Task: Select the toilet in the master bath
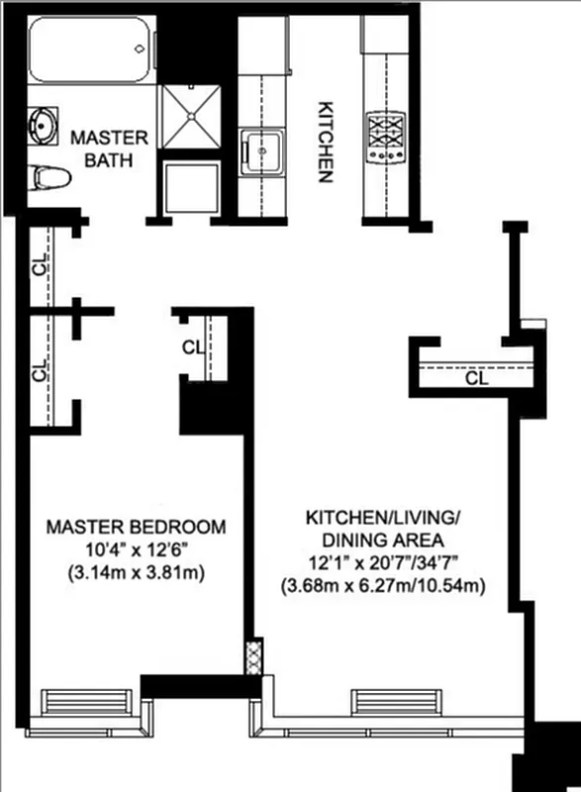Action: click(x=50, y=178)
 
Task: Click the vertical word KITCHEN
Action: click(x=323, y=141)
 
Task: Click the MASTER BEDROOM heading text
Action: click(x=137, y=527)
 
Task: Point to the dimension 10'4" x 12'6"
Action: click(x=137, y=550)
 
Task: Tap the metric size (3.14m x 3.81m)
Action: click(x=137, y=574)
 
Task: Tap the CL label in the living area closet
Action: click(x=476, y=377)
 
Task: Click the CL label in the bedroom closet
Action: click(x=193, y=347)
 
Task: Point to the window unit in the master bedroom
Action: click(x=85, y=701)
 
